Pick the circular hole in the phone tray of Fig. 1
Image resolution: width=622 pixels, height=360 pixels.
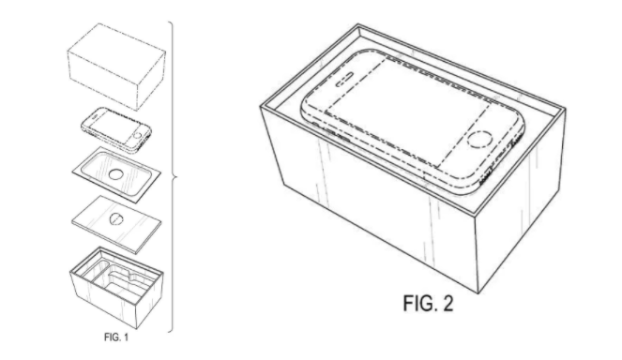point(117,175)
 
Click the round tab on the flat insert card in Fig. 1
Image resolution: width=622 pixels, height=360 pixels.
point(114,219)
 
